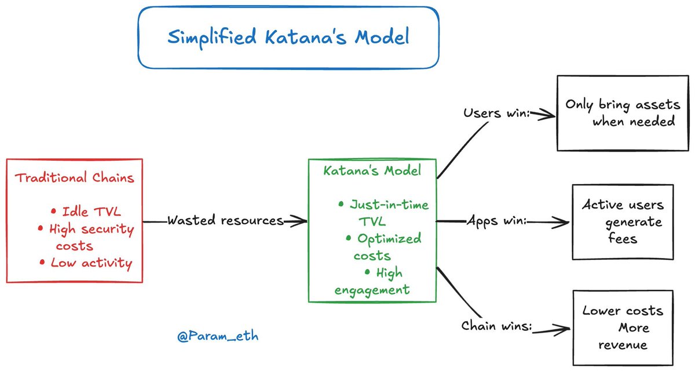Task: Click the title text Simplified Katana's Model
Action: [x=288, y=38]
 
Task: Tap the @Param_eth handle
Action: [x=218, y=336]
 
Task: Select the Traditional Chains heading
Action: [x=75, y=178]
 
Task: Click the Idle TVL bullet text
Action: [x=92, y=212]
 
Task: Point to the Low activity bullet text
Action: [x=92, y=263]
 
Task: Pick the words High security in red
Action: [x=92, y=229]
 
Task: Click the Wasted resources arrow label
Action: [x=225, y=220]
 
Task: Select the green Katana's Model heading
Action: [x=372, y=171]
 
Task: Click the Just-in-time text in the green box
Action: [x=389, y=205]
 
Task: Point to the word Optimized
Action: [x=389, y=239]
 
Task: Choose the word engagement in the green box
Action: [x=372, y=290]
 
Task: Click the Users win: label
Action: [x=496, y=113]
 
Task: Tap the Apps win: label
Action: [x=497, y=221]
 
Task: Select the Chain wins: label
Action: [x=496, y=326]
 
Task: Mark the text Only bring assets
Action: [x=623, y=105]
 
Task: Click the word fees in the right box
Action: [x=623, y=239]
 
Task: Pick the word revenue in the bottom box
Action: [x=623, y=345]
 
